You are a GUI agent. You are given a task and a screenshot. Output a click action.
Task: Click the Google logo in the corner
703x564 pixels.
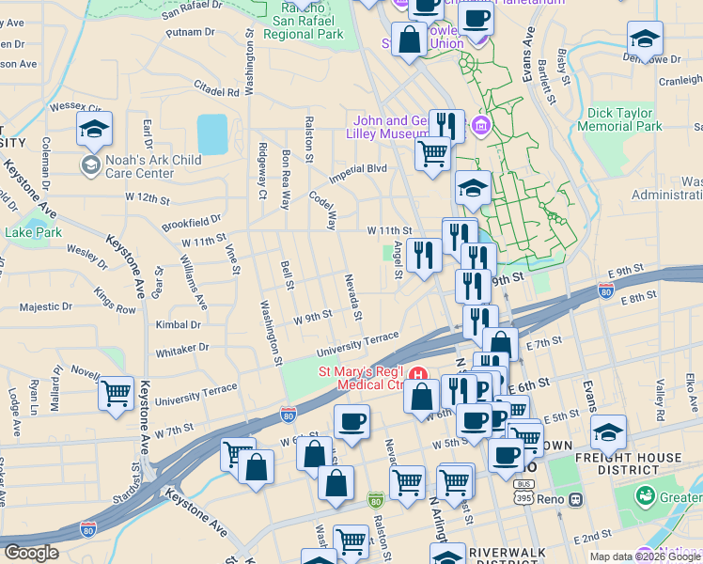tap(31, 553)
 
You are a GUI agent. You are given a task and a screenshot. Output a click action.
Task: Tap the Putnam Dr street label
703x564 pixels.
tap(190, 32)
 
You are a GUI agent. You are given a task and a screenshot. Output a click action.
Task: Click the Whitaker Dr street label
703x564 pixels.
tap(182, 347)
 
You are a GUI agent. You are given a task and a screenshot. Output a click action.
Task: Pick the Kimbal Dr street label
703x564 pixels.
tap(179, 324)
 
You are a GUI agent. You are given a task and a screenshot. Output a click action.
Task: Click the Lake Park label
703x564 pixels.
tap(33, 232)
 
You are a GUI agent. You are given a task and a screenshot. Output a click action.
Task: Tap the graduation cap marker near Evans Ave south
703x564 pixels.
tap(609, 433)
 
